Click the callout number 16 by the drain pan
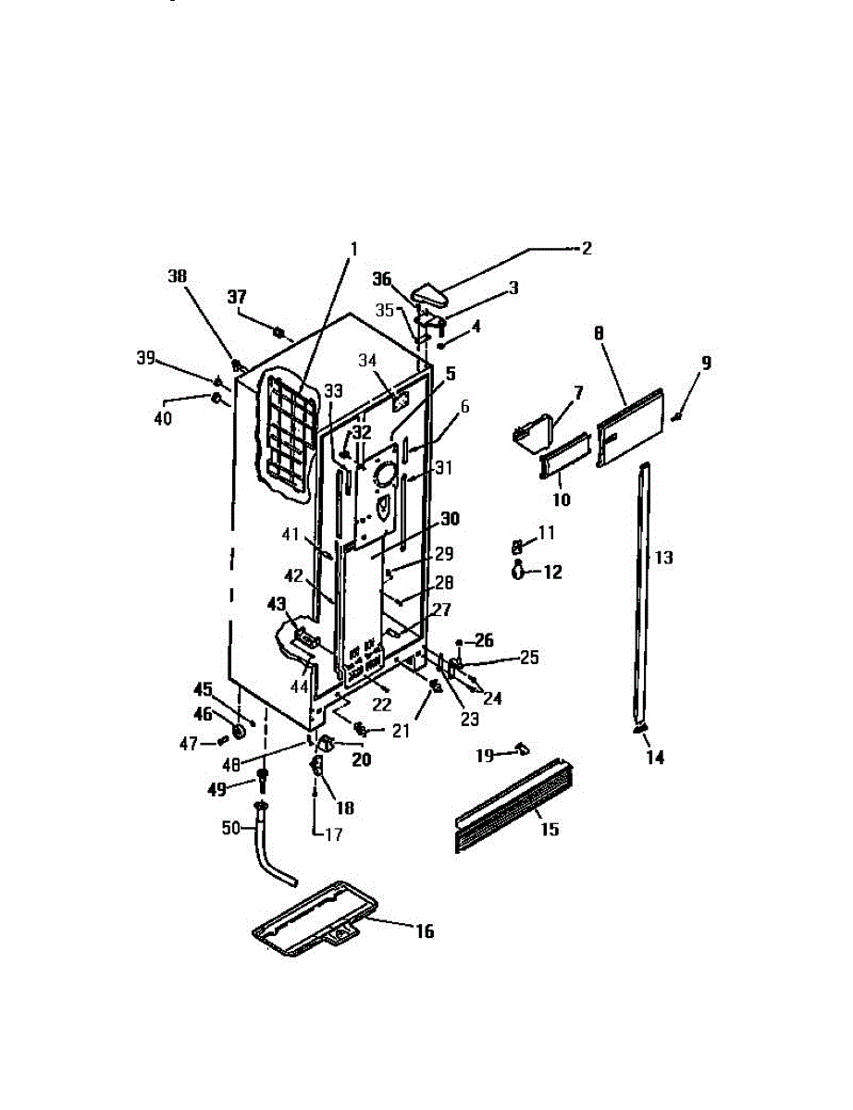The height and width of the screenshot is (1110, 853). tap(424, 931)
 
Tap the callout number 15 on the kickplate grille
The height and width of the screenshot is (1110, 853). tap(550, 830)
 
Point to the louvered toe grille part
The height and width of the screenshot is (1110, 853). tap(513, 806)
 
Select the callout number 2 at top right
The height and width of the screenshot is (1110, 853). tap(586, 249)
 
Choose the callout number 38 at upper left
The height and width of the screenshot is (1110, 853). tap(177, 276)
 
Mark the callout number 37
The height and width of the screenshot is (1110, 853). tap(238, 296)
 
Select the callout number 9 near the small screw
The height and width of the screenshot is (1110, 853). tap(706, 364)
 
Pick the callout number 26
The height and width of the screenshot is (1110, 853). tap(485, 639)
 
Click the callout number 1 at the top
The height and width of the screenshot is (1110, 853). tap(352, 249)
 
